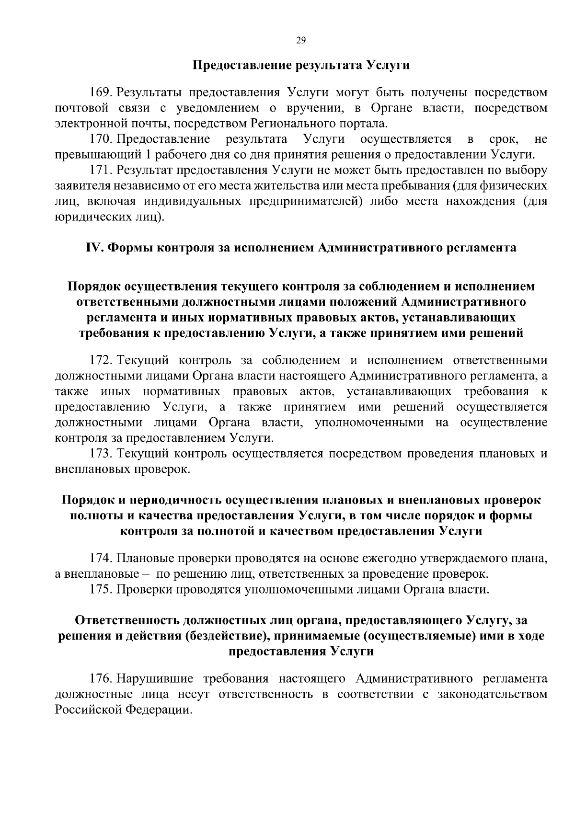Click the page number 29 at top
coord(300,41)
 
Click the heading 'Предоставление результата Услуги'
coord(301,66)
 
